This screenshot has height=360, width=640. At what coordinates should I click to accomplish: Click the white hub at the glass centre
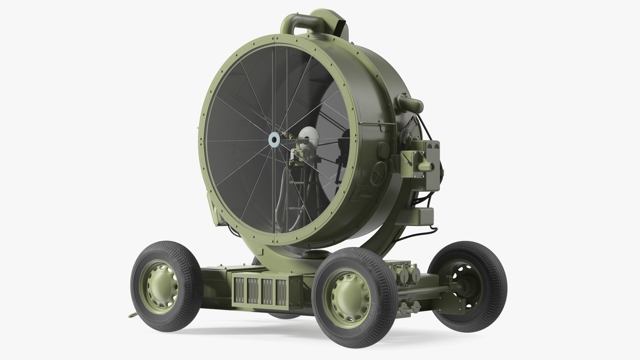pyautogui.click(x=274, y=141)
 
